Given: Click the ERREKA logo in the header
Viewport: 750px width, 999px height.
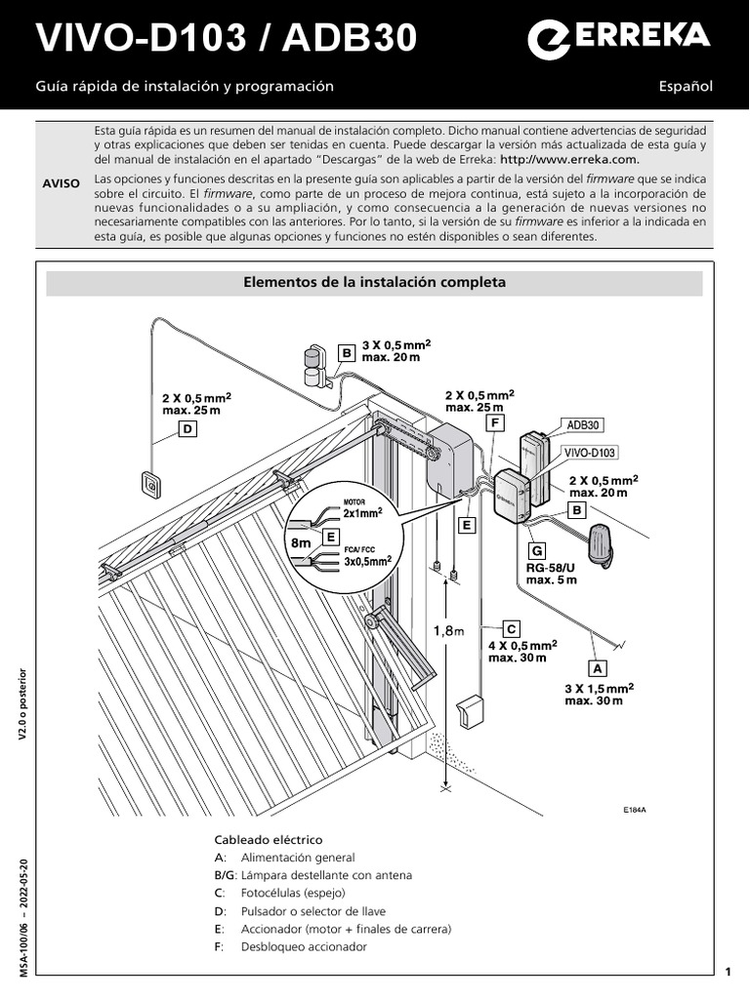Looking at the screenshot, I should pyautogui.click(x=619, y=38).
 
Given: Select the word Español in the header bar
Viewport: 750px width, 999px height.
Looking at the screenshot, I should pyautogui.click(x=686, y=86).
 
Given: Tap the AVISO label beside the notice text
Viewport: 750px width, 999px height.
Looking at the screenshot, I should pyautogui.click(x=62, y=183).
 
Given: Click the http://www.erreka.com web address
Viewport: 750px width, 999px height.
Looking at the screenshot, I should pyautogui.click(x=569, y=159).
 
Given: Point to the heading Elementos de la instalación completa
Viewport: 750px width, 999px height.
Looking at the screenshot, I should pyautogui.click(x=375, y=283).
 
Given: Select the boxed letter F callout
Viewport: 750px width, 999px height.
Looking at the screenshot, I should pyautogui.click(x=496, y=422).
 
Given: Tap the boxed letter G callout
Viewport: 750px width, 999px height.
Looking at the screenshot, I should pyautogui.click(x=536, y=551).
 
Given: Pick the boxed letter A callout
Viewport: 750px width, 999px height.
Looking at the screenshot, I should pyautogui.click(x=595, y=668).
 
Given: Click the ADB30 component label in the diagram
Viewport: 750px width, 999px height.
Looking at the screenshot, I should pyautogui.click(x=584, y=425).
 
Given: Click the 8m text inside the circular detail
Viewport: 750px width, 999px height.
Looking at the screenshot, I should pyautogui.click(x=301, y=540).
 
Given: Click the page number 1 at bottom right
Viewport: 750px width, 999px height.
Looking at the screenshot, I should pyautogui.click(x=729, y=971).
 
